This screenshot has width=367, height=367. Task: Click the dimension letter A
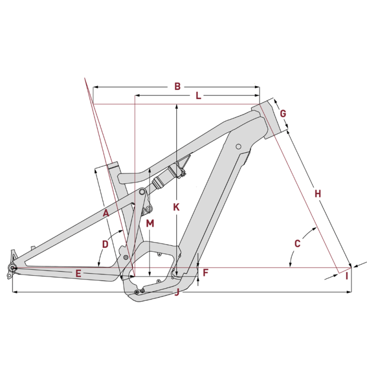click(106, 213)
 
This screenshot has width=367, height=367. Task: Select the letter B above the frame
click(178, 86)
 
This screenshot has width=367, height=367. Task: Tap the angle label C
click(297, 244)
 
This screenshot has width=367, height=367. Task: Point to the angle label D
click(106, 245)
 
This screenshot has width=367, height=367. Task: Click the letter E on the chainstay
click(78, 273)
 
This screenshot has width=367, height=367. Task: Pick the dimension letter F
click(206, 272)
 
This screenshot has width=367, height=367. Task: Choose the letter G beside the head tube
click(283, 113)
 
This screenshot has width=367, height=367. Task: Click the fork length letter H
click(318, 194)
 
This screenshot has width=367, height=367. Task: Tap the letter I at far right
click(347, 277)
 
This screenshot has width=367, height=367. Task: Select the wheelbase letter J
click(177, 292)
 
